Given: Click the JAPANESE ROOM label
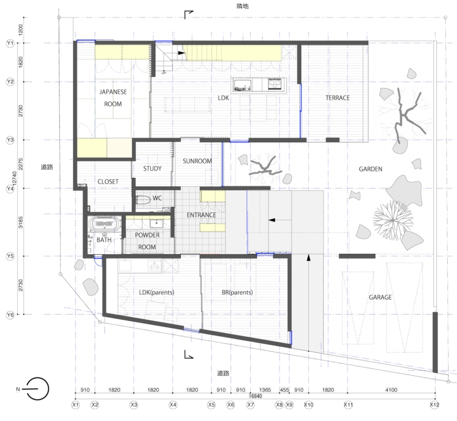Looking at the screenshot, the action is (x=113, y=98).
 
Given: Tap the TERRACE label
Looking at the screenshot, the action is (x=337, y=98).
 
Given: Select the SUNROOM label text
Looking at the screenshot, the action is (x=197, y=161).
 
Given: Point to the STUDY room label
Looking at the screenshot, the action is (x=153, y=168).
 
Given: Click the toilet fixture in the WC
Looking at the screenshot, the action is (x=143, y=200).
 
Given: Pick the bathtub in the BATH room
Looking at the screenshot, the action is (x=104, y=224).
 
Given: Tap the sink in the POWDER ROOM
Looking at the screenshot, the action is (x=157, y=224).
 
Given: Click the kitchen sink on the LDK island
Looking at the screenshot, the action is (x=242, y=85).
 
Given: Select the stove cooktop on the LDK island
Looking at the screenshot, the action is (x=274, y=84).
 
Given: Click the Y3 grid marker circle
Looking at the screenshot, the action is (x=10, y=140).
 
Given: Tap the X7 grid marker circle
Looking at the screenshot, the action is (x=250, y=404).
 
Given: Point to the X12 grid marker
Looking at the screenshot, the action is (x=435, y=404).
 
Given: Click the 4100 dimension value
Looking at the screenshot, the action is (x=391, y=390).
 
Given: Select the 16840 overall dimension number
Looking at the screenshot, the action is (x=255, y=396).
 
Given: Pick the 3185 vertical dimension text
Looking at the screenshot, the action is (x=21, y=222).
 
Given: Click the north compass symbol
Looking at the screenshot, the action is (x=35, y=389).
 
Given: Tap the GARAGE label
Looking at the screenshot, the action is (x=380, y=297).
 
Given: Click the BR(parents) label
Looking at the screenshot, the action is (x=237, y=292).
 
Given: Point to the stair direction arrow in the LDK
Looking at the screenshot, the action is (x=181, y=53).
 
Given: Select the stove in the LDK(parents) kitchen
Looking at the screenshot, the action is (x=155, y=266).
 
